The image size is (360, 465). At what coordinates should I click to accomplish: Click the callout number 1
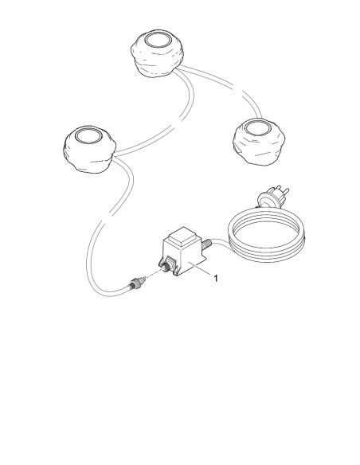pos(216,278)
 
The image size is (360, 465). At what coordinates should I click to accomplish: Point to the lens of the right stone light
pos(257,128)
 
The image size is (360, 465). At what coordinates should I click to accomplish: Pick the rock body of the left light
pos(89,157)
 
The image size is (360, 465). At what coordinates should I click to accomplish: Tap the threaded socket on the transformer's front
pos(167,266)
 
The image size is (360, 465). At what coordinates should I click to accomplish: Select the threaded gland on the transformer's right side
pos(206,244)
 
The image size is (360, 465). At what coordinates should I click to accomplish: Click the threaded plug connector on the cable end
pos(136,283)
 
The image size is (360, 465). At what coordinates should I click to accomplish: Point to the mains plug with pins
pos(272,197)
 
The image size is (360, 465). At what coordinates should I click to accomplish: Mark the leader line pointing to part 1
pos(200,268)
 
